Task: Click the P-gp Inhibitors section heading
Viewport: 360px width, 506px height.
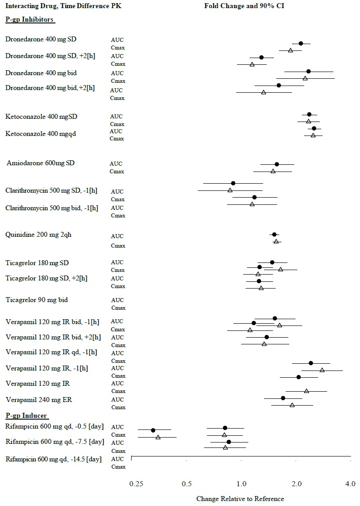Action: pyautogui.click(x=30, y=20)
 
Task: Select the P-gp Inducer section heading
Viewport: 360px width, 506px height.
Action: pyautogui.click(x=27, y=415)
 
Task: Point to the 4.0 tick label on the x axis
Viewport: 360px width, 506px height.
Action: pyautogui.click(x=350, y=484)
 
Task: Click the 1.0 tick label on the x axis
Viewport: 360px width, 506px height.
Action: pyautogui.click(x=242, y=484)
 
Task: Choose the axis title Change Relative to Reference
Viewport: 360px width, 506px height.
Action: pyautogui.click(x=240, y=499)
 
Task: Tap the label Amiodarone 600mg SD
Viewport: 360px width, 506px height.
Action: pyautogui.click(x=41, y=163)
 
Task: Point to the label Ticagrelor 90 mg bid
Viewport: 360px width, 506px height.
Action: pyautogui.click(x=36, y=300)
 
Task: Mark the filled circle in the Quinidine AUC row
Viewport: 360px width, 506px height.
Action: pyautogui.click(x=274, y=235)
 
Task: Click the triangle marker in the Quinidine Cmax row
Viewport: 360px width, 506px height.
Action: pyautogui.click(x=276, y=242)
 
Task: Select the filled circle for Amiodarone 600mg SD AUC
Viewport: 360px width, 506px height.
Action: pyautogui.click(x=277, y=164)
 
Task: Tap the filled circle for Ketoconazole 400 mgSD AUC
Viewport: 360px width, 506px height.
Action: pyautogui.click(x=309, y=115)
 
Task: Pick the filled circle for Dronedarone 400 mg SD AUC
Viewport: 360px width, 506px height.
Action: pyautogui.click(x=301, y=43)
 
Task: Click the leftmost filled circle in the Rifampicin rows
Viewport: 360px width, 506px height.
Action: pyautogui.click(x=153, y=430)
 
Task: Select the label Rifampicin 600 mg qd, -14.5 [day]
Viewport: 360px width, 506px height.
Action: pyautogui.click(x=53, y=459)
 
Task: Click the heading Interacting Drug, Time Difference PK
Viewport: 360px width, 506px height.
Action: pyautogui.click(x=63, y=7)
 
